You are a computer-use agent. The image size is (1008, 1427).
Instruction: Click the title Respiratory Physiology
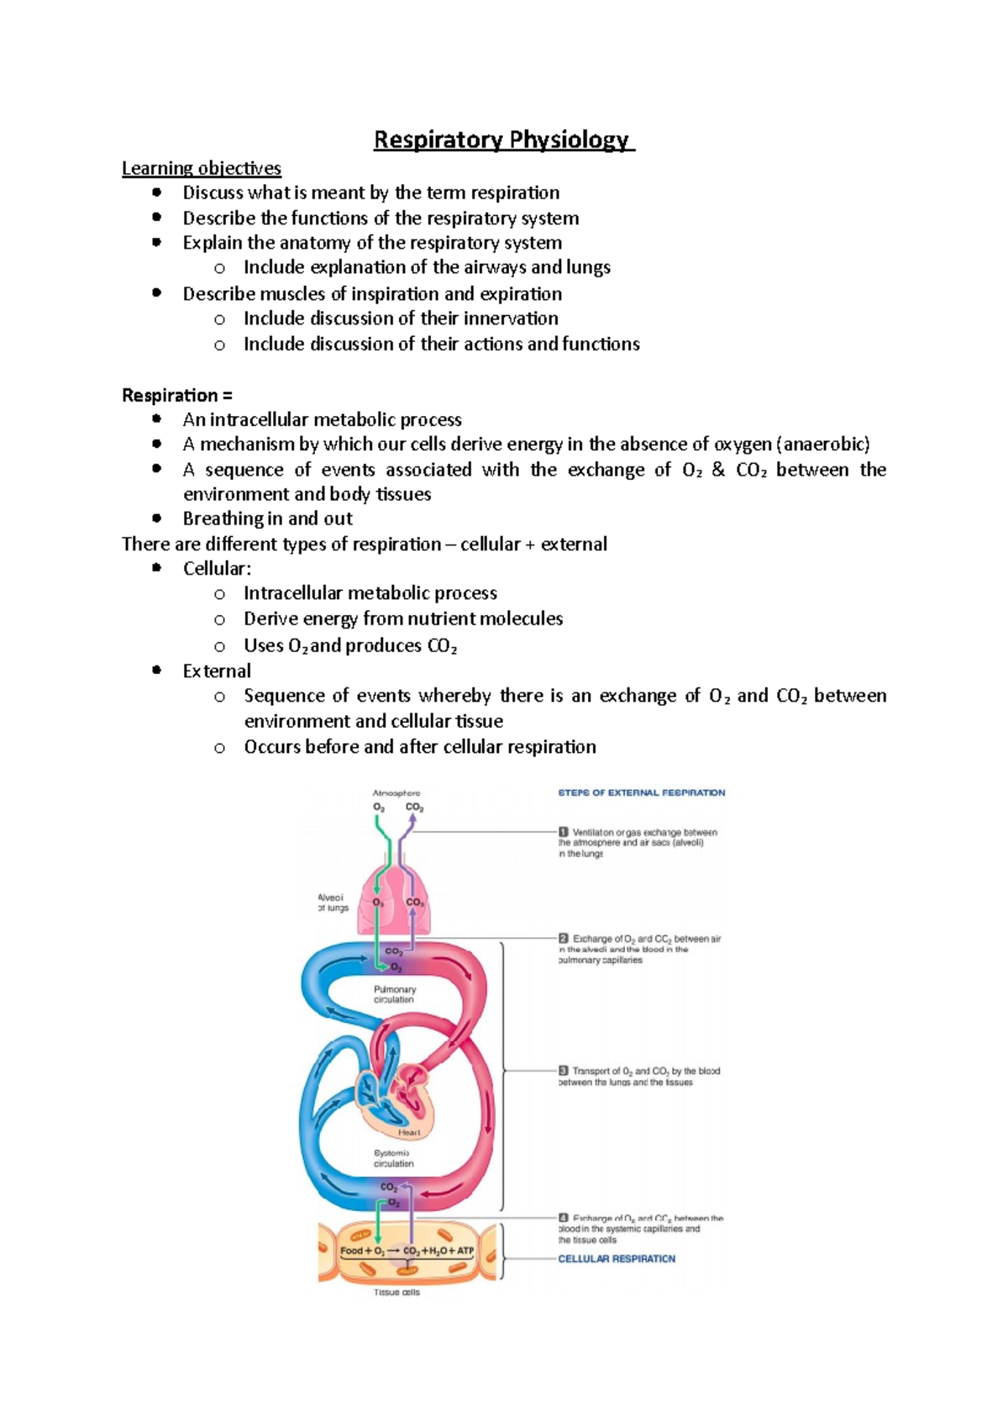click(503, 140)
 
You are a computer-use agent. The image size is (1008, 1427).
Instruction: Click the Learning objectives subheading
click(202, 168)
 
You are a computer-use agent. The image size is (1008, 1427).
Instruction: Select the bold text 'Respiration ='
click(176, 395)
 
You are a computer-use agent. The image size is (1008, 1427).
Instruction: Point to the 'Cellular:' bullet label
click(217, 569)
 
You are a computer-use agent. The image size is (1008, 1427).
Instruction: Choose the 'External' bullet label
click(217, 671)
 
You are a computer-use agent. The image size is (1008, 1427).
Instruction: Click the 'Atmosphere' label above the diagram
click(396, 792)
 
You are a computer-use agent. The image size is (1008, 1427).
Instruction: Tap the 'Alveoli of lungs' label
click(333, 903)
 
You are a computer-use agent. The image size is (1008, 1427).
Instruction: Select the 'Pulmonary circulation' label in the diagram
click(394, 994)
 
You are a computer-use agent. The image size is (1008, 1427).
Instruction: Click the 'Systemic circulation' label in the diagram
click(393, 1158)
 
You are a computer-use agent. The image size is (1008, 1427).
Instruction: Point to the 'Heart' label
click(409, 1132)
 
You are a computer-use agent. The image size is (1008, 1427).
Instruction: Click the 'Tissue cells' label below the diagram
click(396, 1293)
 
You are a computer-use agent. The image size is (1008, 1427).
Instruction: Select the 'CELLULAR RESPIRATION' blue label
click(617, 1259)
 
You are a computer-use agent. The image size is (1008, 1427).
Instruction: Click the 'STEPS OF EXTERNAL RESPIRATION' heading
click(642, 792)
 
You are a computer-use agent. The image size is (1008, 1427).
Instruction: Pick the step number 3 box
click(564, 1071)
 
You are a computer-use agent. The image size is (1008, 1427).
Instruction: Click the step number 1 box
click(564, 832)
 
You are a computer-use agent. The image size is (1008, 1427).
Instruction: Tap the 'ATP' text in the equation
click(465, 1251)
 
